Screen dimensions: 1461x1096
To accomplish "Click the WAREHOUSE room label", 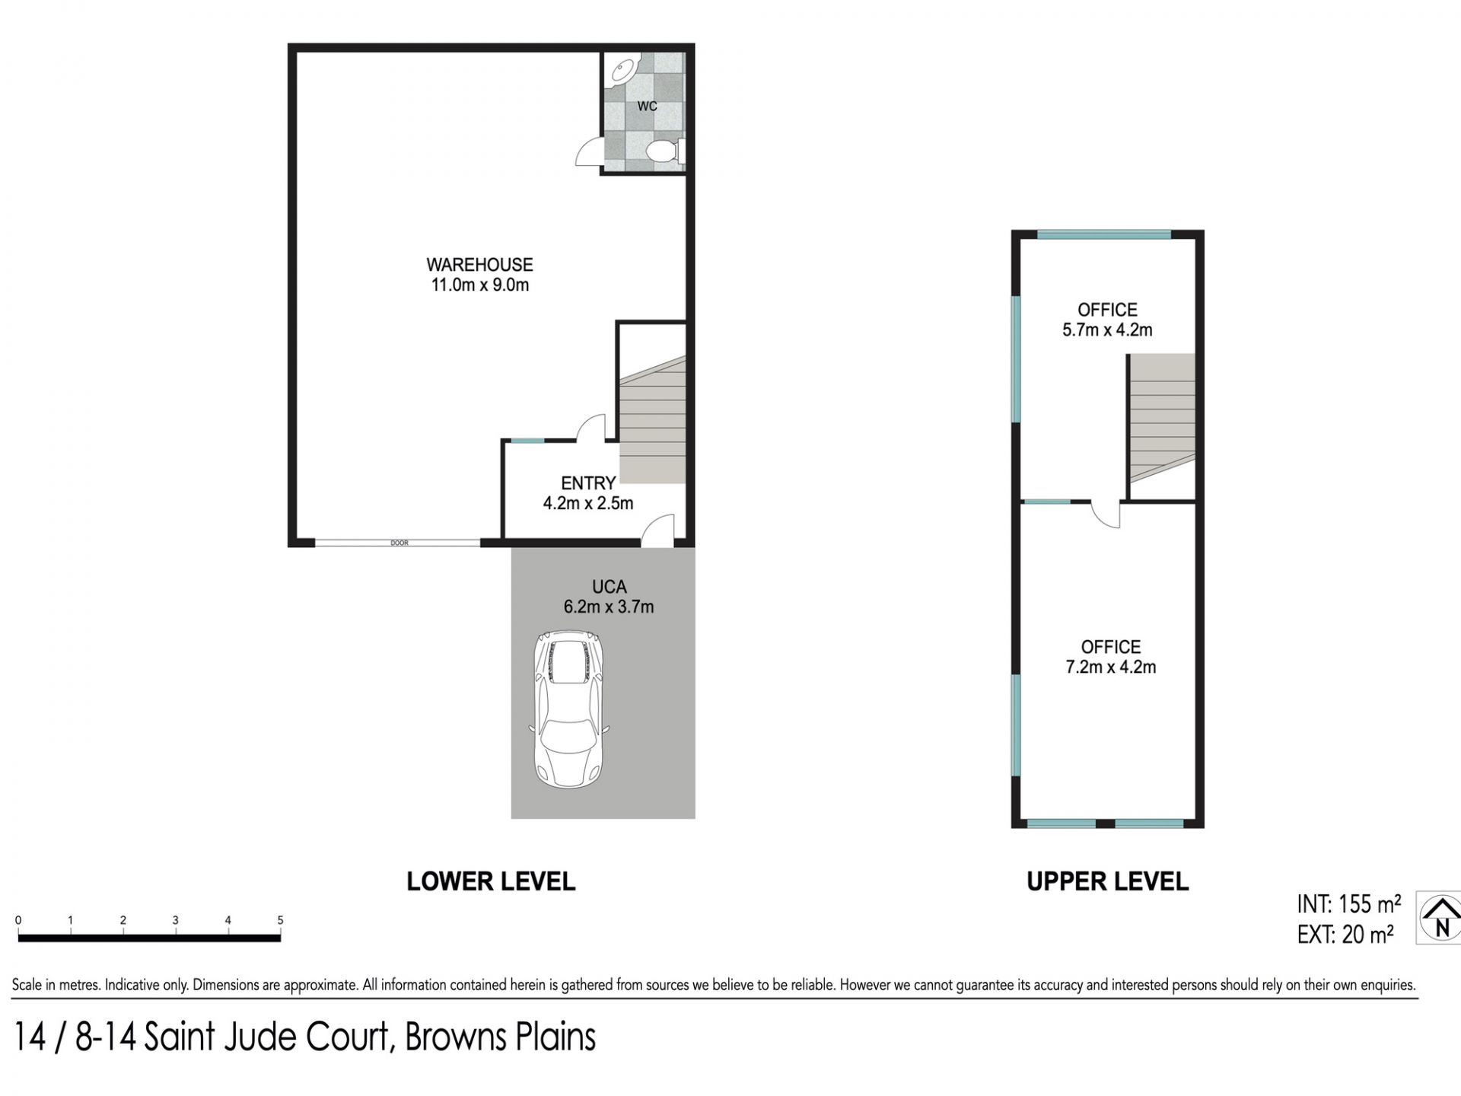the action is [x=479, y=265].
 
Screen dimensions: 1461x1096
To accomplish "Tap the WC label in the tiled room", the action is [x=647, y=106].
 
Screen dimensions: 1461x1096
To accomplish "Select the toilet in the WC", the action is [x=664, y=151].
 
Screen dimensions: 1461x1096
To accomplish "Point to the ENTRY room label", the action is [x=588, y=483].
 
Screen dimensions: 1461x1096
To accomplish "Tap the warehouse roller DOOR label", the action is [x=399, y=543].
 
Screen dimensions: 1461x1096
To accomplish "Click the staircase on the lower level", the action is [x=653, y=420].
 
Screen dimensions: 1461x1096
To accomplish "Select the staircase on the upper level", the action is [x=1162, y=417].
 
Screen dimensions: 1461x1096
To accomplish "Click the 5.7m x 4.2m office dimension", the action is [x=1107, y=330].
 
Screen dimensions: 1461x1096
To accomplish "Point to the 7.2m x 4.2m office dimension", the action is [x=1111, y=667].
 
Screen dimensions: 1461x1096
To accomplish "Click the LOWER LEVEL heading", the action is [x=491, y=881].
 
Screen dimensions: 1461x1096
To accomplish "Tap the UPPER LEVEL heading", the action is [x=1108, y=881].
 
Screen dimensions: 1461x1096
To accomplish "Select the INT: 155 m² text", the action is [x=1349, y=904].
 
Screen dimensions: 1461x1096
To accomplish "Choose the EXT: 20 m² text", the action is [x=1345, y=935].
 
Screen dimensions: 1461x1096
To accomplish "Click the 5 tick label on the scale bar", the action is [x=280, y=920].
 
